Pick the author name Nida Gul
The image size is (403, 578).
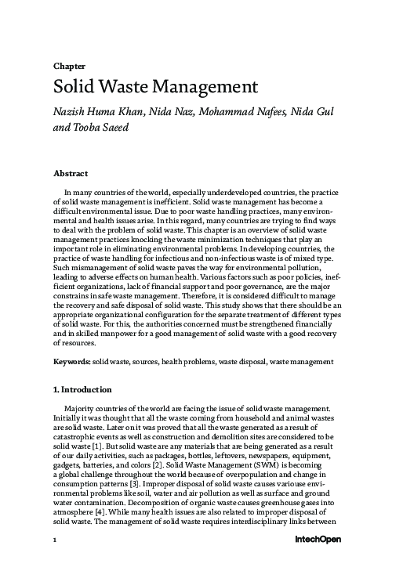click(314, 111)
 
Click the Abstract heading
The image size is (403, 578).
click(70, 172)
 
